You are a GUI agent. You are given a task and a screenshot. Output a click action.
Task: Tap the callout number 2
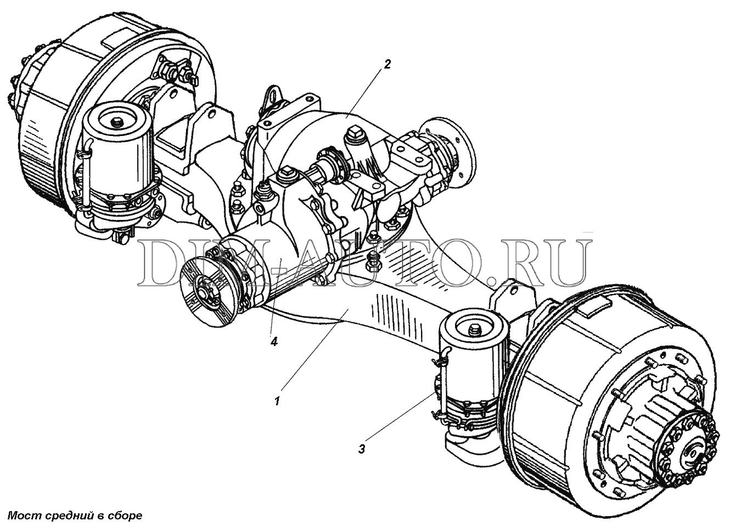pos(387,65)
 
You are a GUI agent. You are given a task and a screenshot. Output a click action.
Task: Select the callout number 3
pos(362,450)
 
